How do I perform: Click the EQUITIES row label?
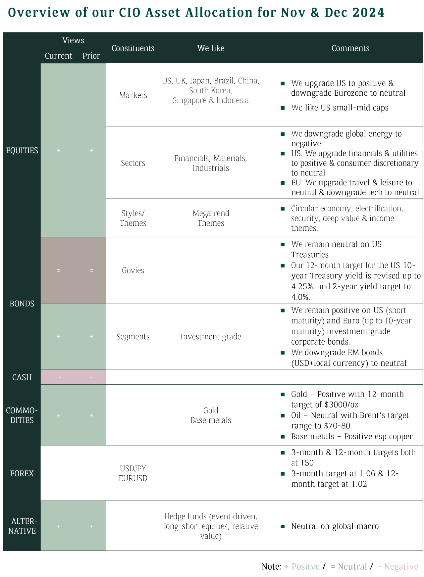(x=22, y=150)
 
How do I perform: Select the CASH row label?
(x=22, y=377)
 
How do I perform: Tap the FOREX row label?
(x=22, y=473)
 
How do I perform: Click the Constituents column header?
(x=133, y=48)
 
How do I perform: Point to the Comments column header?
(x=350, y=48)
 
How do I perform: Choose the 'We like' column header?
(x=211, y=48)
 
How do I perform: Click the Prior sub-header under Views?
(x=91, y=56)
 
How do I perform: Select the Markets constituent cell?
(x=133, y=95)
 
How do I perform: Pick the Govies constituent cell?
(x=133, y=270)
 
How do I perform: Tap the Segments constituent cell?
(x=133, y=336)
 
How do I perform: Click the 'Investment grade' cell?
(x=211, y=336)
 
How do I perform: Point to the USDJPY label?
(x=133, y=468)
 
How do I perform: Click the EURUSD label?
(x=133, y=478)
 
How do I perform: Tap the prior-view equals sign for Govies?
(x=91, y=270)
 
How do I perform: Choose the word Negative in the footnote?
(x=401, y=566)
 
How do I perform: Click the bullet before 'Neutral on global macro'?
(x=283, y=526)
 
